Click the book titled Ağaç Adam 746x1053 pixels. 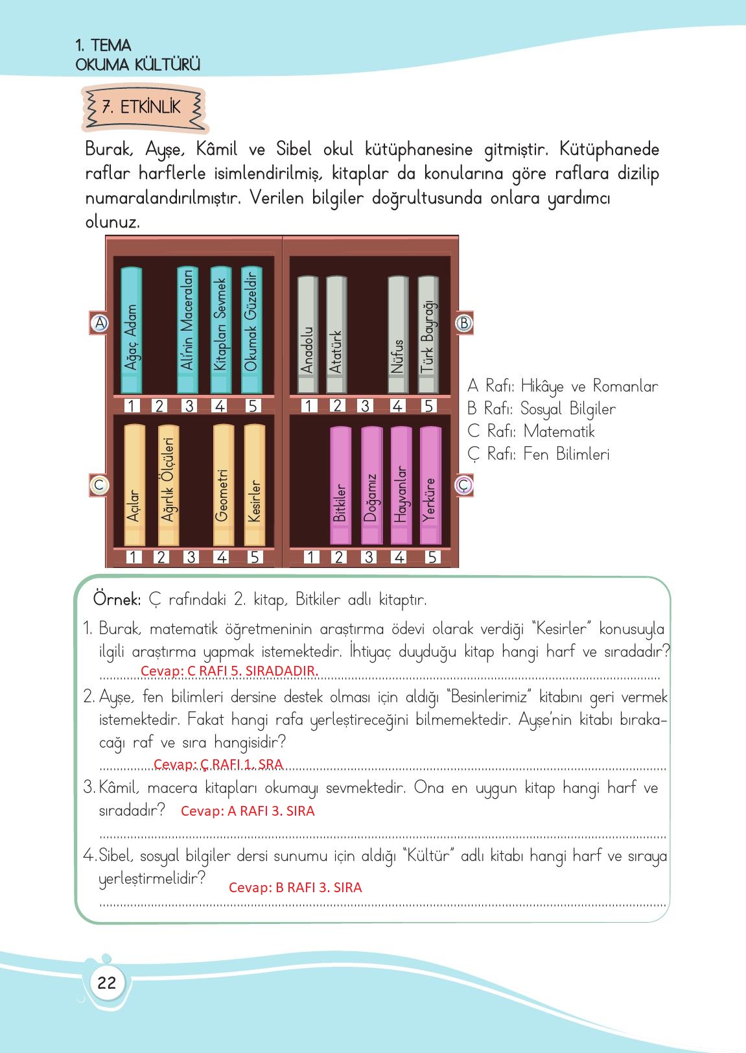pyautogui.click(x=131, y=330)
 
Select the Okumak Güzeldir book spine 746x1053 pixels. pyautogui.click(x=251, y=330)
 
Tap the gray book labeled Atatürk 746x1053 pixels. pyautogui.click(x=336, y=334)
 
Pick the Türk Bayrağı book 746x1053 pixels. pyautogui.click(x=428, y=334)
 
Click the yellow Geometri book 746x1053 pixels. pyautogui.click(x=224, y=484)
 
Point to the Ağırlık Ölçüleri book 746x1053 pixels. pyautogui.click(x=168, y=484)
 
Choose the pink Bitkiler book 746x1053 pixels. pyautogui.click(x=340, y=486)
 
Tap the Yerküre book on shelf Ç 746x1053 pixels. pyautogui.click(x=430, y=486)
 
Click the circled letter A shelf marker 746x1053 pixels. pyautogui.click(x=100, y=323)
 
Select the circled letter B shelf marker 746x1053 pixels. pyautogui.click(x=464, y=323)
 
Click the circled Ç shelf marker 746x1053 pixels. pyautogui.click(x=464, y=485)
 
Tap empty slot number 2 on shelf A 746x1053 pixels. pyautogui.click(x=159, y=405)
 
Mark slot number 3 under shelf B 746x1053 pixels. pyautogui.click(x=365, y=405)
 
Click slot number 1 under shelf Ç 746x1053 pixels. pyautogui.click(x=310, y=557)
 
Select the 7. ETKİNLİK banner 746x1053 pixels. pyautogui.click(x=145, y=108)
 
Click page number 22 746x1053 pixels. pyautogui.click(x=107, y=982)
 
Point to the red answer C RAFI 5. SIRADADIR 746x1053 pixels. pyautogui.click(x=229, y=671)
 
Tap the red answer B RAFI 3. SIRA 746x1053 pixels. pyautogui.click(x=295, y=888)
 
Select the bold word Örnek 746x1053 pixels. pyautogui.click(x=117, y=599)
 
